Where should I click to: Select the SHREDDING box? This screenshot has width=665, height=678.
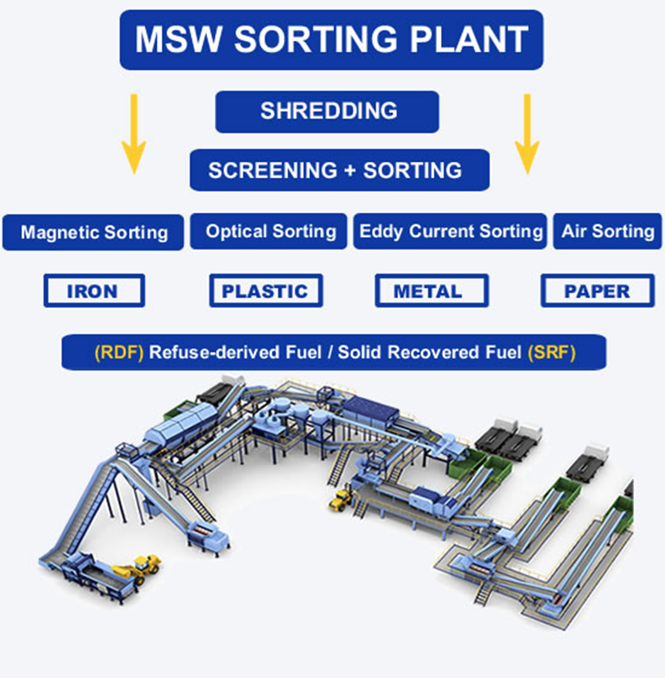[327, 111]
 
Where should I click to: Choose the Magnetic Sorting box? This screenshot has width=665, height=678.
[94, 231]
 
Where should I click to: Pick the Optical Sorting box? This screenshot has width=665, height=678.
[270, 231]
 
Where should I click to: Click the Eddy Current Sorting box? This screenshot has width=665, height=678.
[451, 231]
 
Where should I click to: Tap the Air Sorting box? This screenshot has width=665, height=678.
[607, 231]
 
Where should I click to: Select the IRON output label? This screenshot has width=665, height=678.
[94, 291]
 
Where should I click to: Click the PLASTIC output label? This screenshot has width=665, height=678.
[265, 291]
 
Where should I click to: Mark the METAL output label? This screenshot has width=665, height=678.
[430, 291]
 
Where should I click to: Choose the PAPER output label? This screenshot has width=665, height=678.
[596, 291]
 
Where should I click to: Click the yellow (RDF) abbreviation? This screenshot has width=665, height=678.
[118, 353]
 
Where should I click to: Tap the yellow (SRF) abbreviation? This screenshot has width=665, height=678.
[552, 353]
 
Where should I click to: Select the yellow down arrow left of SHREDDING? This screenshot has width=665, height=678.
[134, 133]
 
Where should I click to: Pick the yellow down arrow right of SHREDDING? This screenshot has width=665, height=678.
[527, 133]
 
